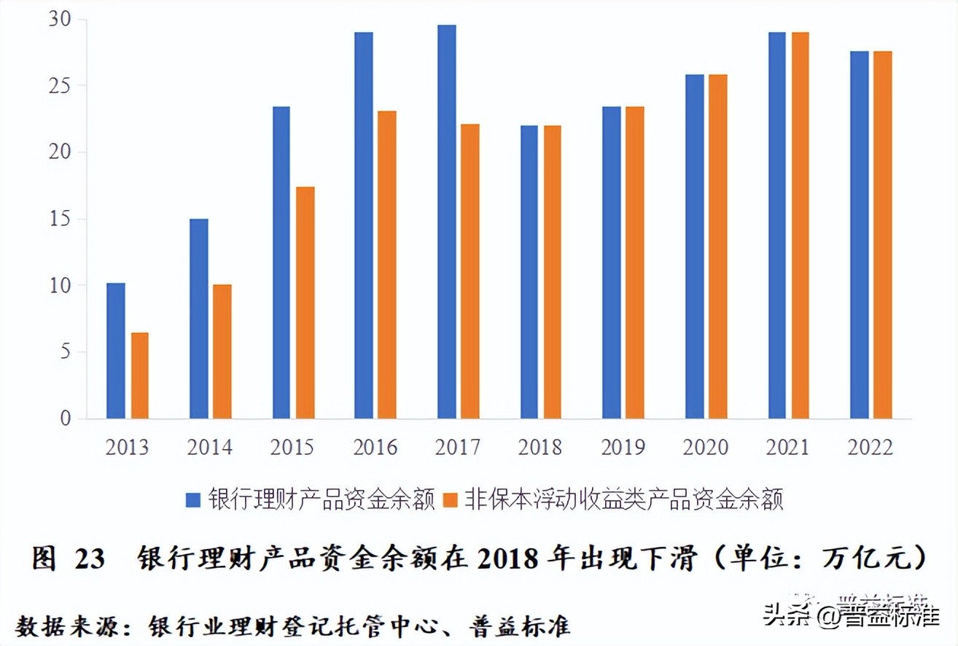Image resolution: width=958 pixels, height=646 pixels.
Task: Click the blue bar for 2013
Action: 116,351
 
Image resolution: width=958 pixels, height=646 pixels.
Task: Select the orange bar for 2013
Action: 140,375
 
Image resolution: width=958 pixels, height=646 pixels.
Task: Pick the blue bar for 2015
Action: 281,262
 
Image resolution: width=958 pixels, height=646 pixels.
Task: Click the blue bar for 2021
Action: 777,225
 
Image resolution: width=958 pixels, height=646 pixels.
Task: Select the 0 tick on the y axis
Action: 66,419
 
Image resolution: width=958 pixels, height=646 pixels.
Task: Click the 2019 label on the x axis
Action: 623,447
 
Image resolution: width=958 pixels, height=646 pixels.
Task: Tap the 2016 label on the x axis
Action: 375,447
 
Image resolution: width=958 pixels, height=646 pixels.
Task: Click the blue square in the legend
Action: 193,500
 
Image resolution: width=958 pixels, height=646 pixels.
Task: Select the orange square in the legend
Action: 451,500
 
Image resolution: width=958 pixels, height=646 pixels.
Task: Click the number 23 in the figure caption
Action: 90,559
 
